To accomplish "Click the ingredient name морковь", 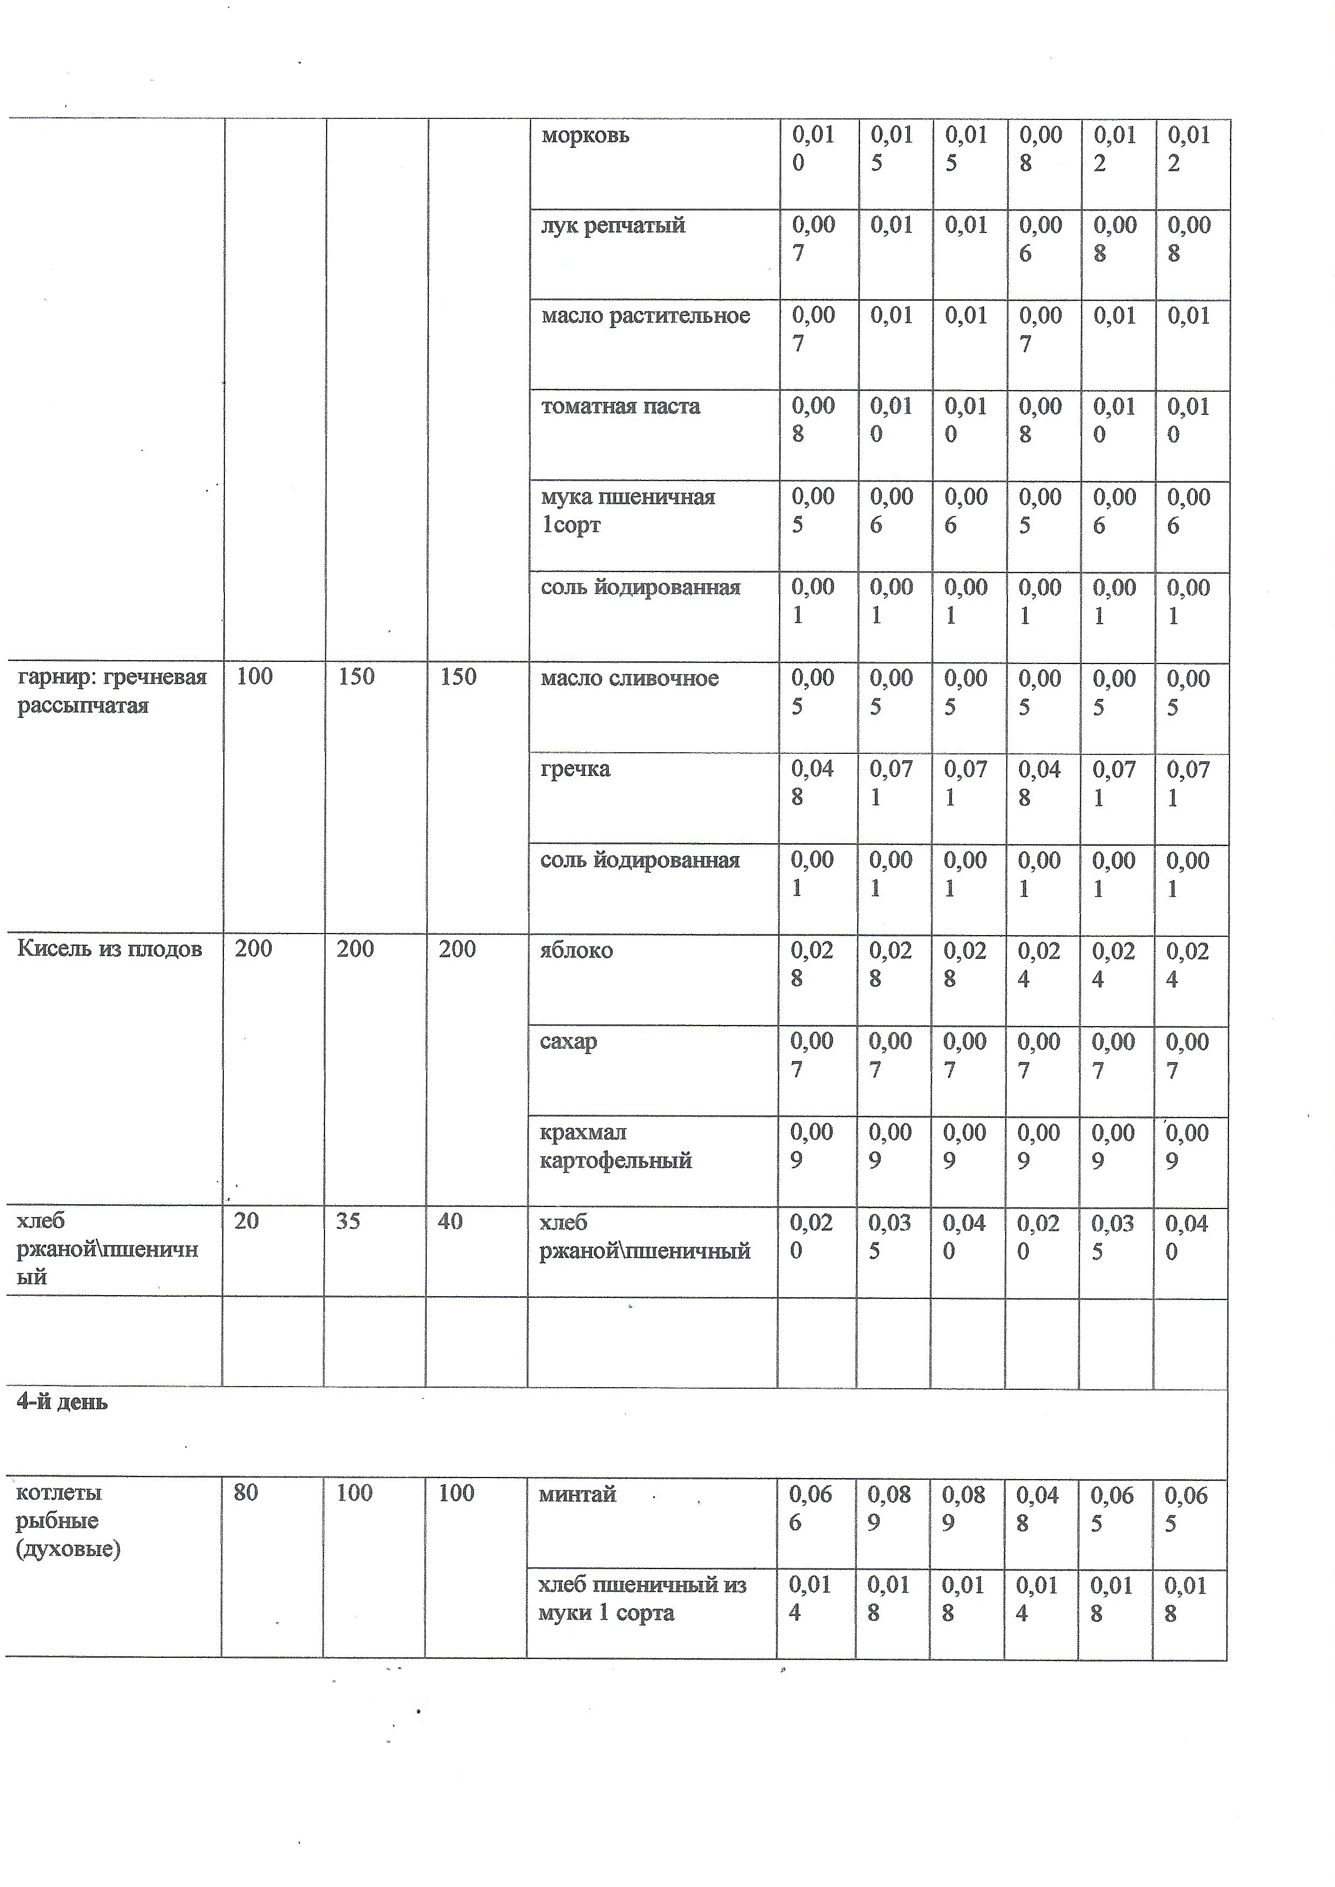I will (x=585, y=136).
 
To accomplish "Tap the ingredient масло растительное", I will (x=645, y=316).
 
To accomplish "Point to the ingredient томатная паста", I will (x=620, y=407).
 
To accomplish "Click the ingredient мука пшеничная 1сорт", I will (x=627, y=511).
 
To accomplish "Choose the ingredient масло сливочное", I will (x=630, y=679).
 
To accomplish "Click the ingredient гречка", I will (x=575, y=769).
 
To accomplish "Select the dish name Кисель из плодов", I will (x=109, y=949).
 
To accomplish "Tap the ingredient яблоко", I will (x=576, y=951).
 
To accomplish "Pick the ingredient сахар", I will (x=568, y=1041).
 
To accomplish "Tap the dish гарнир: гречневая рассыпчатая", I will (x=112, y=691).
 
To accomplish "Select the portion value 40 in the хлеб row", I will (x=450, y=1221).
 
